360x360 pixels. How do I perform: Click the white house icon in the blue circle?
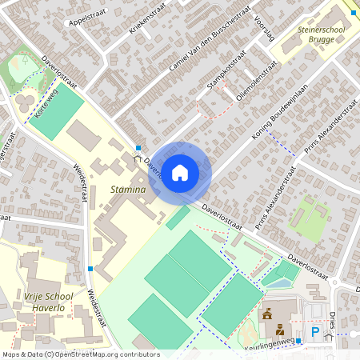tap(180, 172)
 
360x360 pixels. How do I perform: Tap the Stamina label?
tap(128, 190)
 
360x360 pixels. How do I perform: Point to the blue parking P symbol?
tap(314, 331)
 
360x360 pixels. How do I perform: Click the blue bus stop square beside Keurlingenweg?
tap(298, 342)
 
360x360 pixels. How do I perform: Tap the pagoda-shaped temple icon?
tap(268, 312)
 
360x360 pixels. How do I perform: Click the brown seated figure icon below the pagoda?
tap(279, 330)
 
